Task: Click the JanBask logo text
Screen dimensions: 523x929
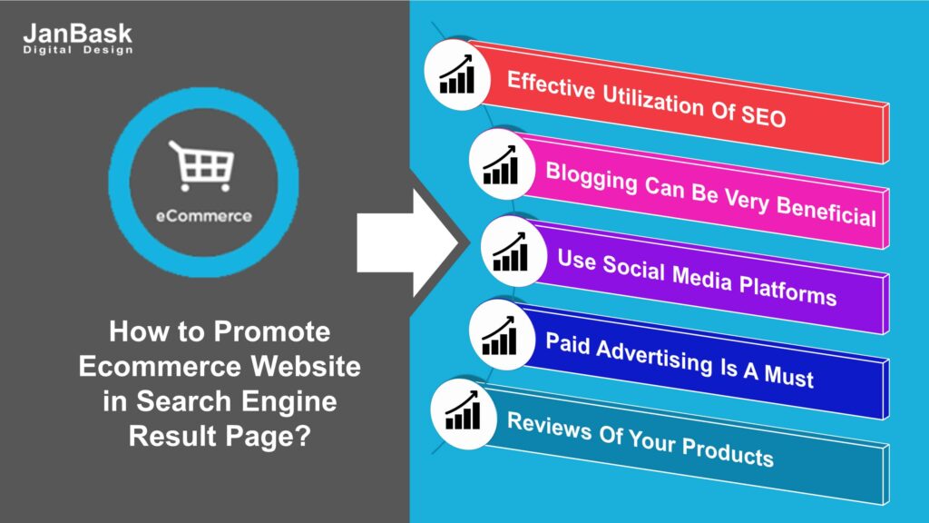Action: coord(77,35)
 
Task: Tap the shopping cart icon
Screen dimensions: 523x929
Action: coord(200,163)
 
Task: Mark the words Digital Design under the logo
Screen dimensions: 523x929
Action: coord(77,51)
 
